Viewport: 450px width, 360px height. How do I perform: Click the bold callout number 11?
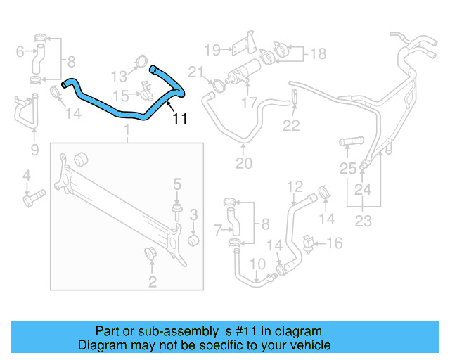(180, 119)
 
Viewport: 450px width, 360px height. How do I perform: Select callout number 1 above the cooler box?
(127, 131)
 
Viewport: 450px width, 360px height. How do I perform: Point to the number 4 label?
(26, 175)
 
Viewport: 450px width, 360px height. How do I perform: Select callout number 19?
(212, 49)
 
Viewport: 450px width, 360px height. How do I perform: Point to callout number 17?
(250, 103)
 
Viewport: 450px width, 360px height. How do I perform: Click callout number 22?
(291, 126)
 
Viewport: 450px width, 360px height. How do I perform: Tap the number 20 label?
(243, 165)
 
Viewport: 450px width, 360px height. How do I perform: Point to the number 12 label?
(295, 186)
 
